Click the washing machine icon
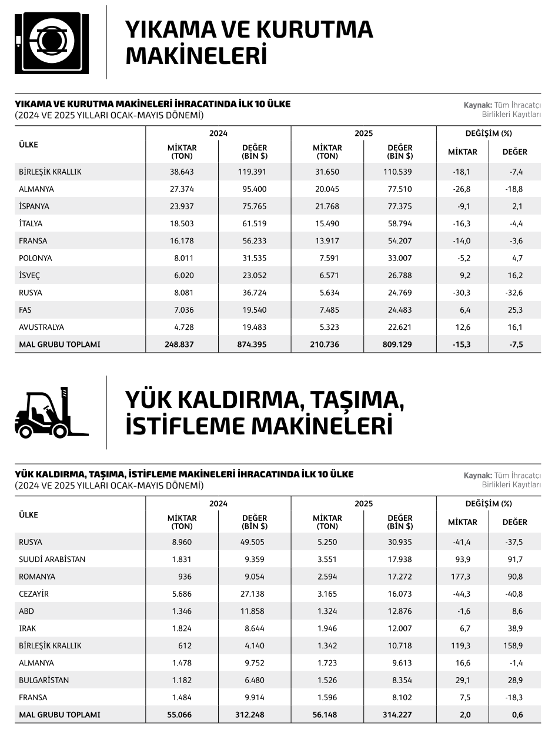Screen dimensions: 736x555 [52, 42]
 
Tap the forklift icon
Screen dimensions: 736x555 [51, 413]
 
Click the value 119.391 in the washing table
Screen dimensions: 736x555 [254, 172]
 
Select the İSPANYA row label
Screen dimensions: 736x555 [34, 207]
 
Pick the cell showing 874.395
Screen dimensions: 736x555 [254, 344]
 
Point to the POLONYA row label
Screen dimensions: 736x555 [35, 259]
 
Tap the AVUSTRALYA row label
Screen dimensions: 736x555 [41, 327]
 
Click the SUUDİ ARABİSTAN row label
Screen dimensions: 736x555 [52, 560]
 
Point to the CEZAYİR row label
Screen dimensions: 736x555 [34, 594]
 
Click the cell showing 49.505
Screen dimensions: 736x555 [254, 543]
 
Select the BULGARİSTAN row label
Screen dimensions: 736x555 [44, 681]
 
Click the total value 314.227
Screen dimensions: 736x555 [399, 715]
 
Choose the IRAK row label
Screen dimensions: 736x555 [27, 629]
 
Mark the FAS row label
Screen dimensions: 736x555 [25, 310]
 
